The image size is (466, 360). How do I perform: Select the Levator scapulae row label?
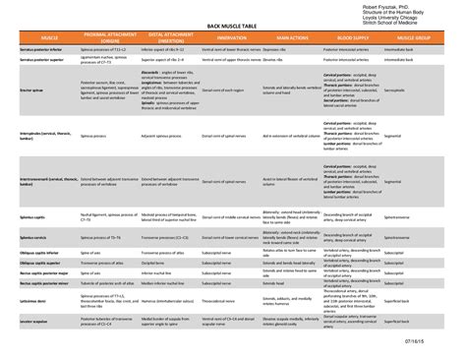36,320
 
